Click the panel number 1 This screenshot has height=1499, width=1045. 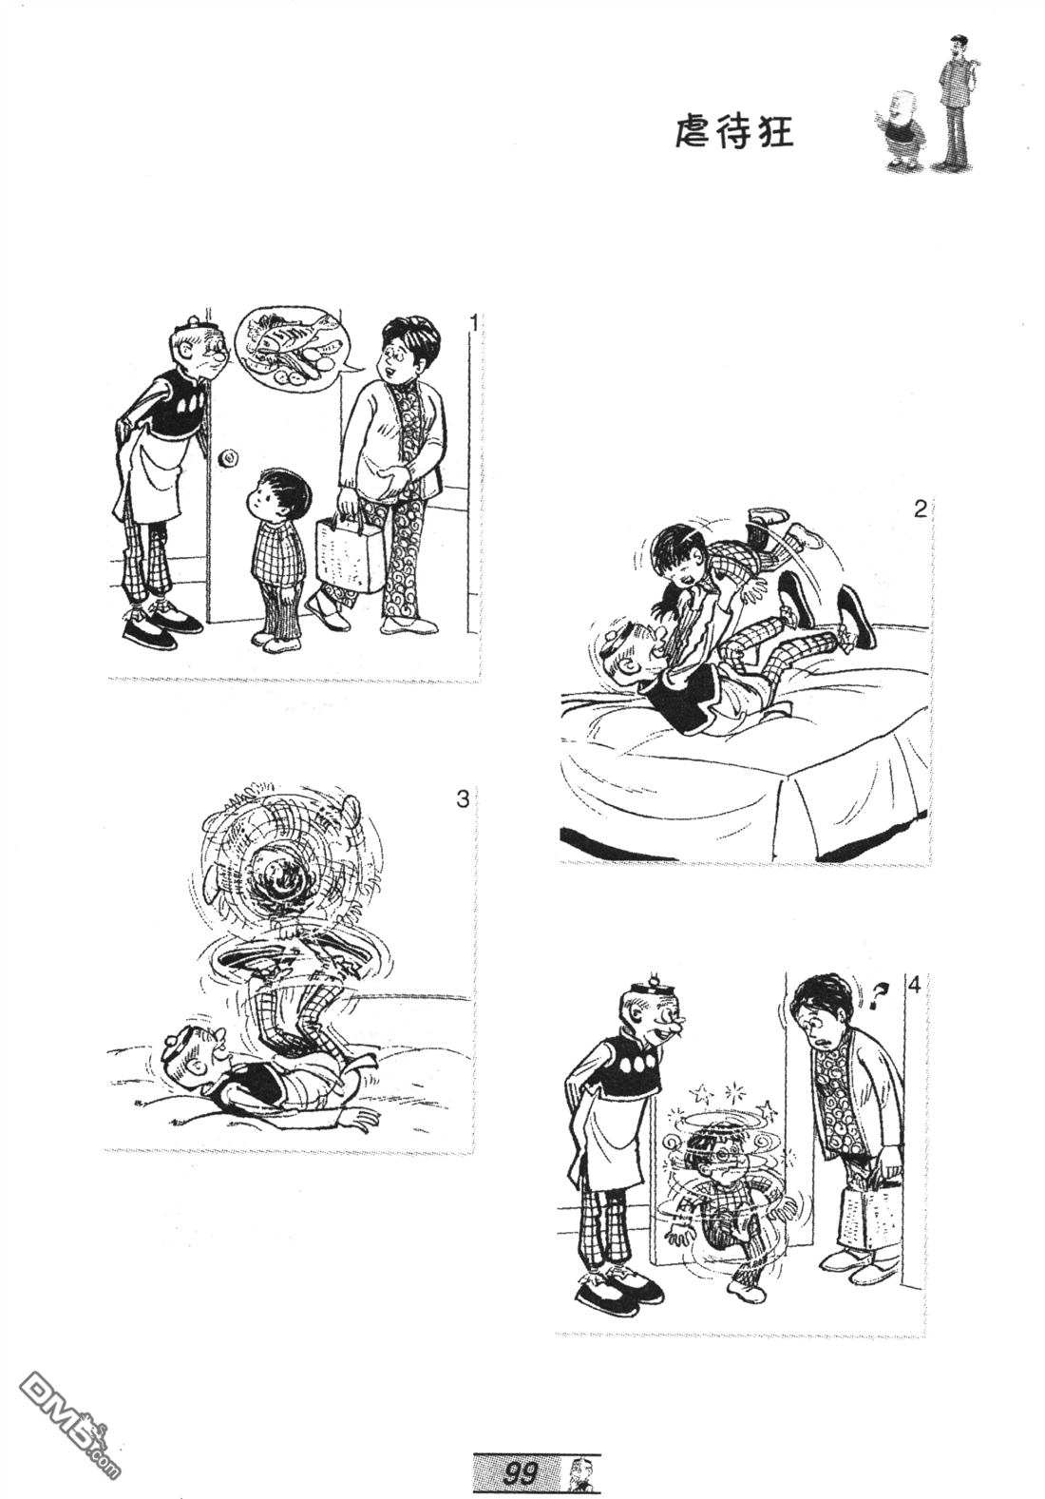coord(472,324)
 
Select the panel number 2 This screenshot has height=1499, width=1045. coord(920,509)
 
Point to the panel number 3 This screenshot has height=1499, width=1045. coord(463,800)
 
